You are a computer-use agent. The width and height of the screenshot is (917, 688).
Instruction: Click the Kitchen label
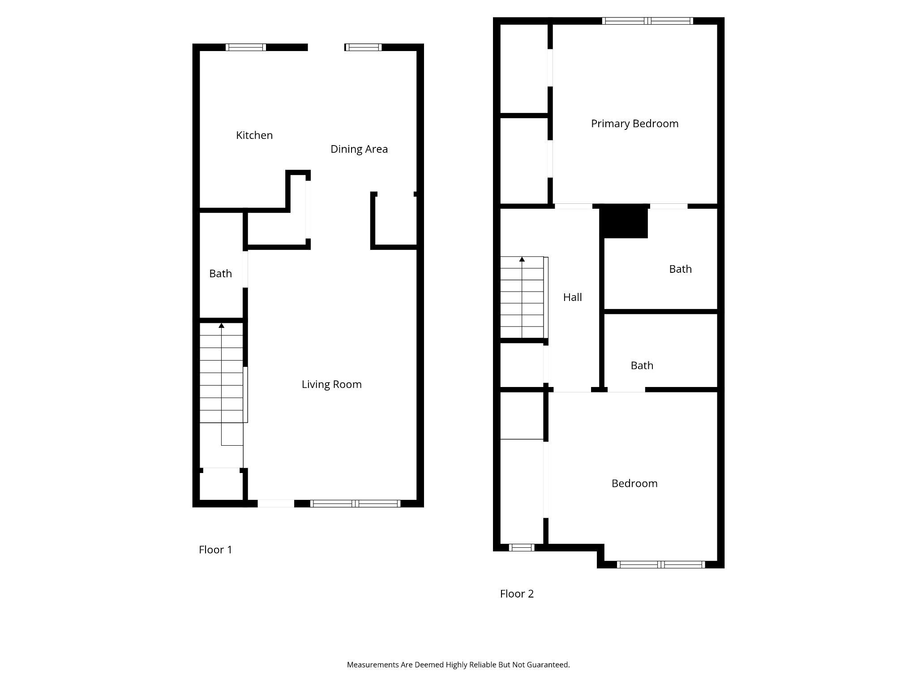click(254, 135)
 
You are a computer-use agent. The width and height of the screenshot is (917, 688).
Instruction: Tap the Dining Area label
click(359, 149)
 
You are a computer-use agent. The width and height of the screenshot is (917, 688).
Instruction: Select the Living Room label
click(332, 384)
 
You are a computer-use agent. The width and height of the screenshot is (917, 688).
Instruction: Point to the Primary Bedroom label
click(635, 124)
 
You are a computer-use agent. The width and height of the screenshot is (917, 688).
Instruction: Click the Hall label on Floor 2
click(573, 297)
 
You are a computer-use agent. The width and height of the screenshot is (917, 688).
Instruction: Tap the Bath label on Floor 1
click(221, 274)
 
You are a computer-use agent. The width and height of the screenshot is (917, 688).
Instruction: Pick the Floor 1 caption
click(216, 550)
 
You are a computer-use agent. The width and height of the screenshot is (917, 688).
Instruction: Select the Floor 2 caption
click(517, 594)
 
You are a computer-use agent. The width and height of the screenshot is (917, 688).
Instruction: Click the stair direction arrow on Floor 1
click(221, 325)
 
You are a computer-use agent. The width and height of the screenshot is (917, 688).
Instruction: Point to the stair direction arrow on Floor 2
click(522, 259)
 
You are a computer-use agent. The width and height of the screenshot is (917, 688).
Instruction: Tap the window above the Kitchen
click(246, 47)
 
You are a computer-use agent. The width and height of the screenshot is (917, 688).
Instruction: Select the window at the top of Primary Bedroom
click(647, 21)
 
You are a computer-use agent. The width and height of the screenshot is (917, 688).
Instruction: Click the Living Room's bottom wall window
click(355, 503)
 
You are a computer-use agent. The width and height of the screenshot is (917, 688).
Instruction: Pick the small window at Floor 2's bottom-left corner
click(522, 547)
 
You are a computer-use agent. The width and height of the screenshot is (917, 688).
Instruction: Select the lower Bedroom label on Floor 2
click(635, 483)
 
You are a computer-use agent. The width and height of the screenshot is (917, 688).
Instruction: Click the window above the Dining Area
click(363, 47)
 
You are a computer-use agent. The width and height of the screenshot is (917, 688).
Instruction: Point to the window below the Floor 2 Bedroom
click(661, 565)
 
